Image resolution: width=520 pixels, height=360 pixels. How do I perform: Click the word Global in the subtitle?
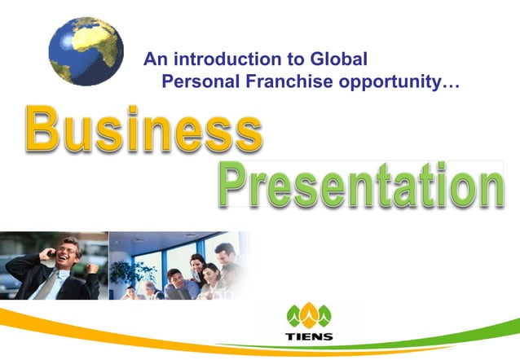[x=339, y=59]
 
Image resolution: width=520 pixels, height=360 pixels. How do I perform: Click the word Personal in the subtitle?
[x=196, y=81]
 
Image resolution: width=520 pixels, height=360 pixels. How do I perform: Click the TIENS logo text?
[x=309, y=336]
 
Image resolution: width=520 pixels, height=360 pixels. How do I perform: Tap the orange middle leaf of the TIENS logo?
[x=309, y=314]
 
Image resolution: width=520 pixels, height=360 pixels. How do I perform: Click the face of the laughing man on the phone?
[x=68, y=252]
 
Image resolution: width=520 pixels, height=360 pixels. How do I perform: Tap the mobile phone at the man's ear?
[x=52, y=254]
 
